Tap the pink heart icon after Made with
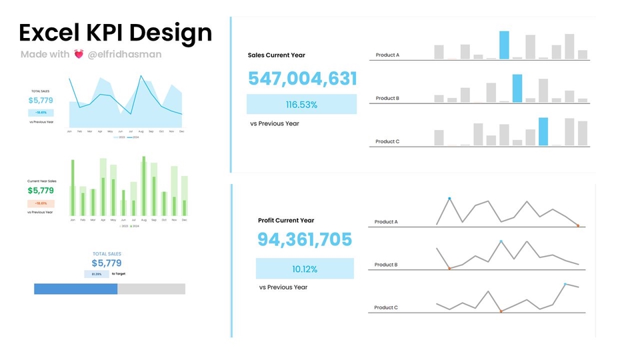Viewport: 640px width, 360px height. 79,55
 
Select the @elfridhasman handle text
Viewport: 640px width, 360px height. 125,55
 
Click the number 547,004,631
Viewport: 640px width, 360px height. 302,79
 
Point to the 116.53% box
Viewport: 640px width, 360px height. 301,105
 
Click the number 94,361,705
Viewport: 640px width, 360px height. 305,240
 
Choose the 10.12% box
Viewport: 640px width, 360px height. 305,269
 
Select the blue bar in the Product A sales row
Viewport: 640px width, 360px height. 504,45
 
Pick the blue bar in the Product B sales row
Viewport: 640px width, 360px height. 517,88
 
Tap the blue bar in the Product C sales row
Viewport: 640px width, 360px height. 543,131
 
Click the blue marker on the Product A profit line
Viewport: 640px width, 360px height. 449,199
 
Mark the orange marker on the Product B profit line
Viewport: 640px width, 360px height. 449,268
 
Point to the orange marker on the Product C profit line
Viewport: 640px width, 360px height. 501,311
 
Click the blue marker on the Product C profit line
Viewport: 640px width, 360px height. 565,284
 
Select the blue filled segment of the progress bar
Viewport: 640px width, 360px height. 75,289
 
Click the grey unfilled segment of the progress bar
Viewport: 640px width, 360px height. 151,289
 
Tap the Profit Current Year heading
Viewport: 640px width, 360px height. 285,221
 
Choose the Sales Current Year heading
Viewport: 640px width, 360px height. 276,55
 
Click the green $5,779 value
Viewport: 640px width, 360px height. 41,191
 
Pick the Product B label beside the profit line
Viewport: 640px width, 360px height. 386,265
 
